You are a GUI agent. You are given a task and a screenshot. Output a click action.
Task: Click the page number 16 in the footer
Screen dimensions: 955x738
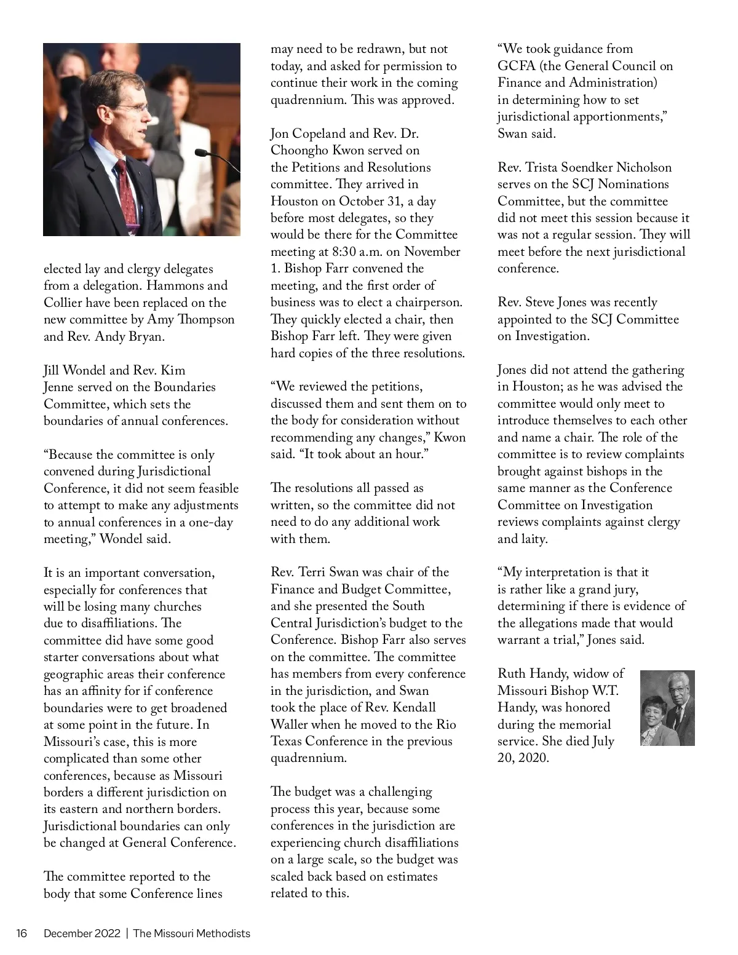click(x=22, y=933)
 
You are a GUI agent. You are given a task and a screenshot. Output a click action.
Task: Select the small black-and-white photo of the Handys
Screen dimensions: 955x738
click(x=667, y=708)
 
